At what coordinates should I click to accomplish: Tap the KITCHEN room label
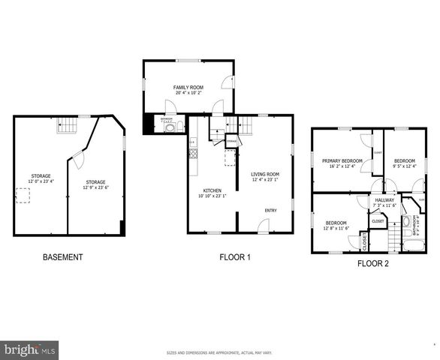coord(211,190)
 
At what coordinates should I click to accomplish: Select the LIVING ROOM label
coord(264,174)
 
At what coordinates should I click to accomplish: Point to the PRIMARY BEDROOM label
coord(342,160)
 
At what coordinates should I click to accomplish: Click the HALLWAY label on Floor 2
coord(384,200)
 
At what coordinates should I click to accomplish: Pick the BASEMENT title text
coord(62,257)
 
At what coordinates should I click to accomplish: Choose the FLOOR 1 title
coord(234,257)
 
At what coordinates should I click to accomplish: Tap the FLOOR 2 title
coord(373,263)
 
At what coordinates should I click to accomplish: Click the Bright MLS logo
coord(30,349)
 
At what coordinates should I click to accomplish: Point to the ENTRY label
coord(270,210)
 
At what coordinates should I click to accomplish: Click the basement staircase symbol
coord(67,125)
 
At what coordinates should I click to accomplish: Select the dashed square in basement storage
coord(23,195)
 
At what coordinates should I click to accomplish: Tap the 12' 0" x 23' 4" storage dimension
coord(41,181)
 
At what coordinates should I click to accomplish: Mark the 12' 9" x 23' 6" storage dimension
coord(95,187)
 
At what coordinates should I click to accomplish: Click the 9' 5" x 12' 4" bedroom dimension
coord(405,166)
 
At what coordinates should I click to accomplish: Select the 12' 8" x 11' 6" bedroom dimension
coord(336,228)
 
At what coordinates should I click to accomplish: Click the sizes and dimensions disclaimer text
coord(219,352)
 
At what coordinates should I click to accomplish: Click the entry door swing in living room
coord(263,225)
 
